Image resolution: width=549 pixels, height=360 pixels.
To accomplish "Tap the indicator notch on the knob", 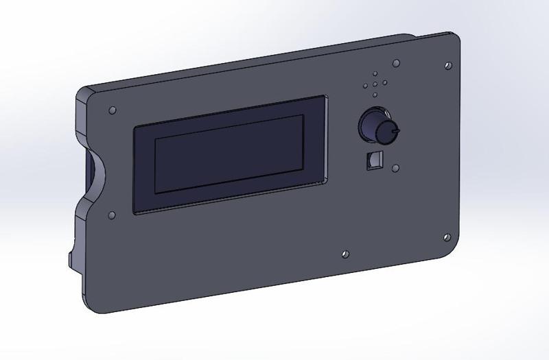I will (x=395, y=128).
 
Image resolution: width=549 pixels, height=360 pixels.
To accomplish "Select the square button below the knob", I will (x=373, y=159).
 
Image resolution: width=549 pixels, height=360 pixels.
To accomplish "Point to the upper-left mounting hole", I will (x=113, y=110).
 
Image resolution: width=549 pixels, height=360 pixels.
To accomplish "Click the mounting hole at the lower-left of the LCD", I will (x=111, y=215).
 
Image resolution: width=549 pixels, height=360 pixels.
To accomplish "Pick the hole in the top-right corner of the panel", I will (x=447, y=67).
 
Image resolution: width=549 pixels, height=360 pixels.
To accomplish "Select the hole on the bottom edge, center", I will (x=345, y=254).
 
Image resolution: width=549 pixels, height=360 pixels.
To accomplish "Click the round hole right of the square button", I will (x=395, y=167).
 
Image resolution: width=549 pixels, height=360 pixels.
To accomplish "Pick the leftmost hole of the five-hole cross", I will (x=365, y=86).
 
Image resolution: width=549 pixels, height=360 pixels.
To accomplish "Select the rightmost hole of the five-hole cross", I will (x=385, y=84).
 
